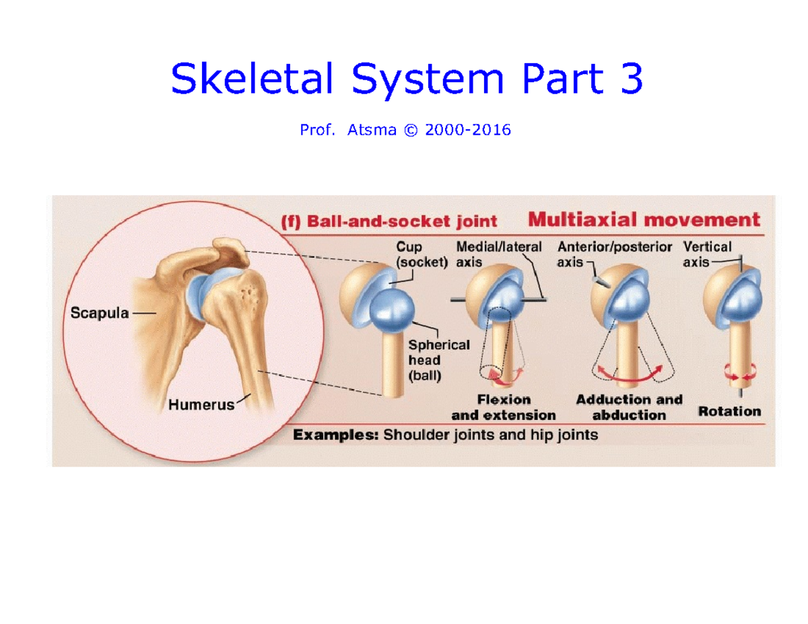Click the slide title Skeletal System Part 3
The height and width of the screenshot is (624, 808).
tap(407, 79)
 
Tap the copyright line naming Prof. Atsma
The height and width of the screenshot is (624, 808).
tap(405, 131)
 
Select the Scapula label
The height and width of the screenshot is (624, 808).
tap(100, 314)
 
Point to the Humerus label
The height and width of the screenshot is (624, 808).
tap(201, 405)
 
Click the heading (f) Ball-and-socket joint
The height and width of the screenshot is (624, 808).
tap(389, 221)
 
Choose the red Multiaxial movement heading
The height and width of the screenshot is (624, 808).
tap(644, 219)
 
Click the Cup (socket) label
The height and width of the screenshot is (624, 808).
tap(422, 256)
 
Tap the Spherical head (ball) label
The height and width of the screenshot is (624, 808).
tap(438, 360)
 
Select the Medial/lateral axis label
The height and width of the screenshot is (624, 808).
tap(498, 254)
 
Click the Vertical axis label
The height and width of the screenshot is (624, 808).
tap(707, 254)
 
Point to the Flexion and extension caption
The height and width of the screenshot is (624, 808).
tap(504, 407)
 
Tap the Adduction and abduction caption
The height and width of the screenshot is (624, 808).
tap(629, 407)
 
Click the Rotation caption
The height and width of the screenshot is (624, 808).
tap(729, 411)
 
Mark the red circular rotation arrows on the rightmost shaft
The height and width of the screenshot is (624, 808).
tap(739, 370)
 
